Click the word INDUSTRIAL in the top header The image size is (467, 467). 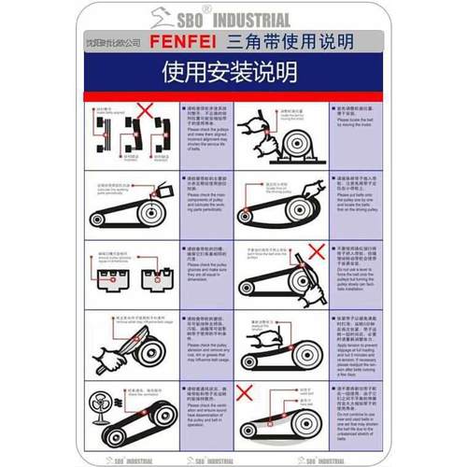click(x=254, y=19)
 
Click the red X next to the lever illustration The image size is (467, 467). click(x=316, y=251)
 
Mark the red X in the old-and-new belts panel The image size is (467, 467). click(x=246, y=392)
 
